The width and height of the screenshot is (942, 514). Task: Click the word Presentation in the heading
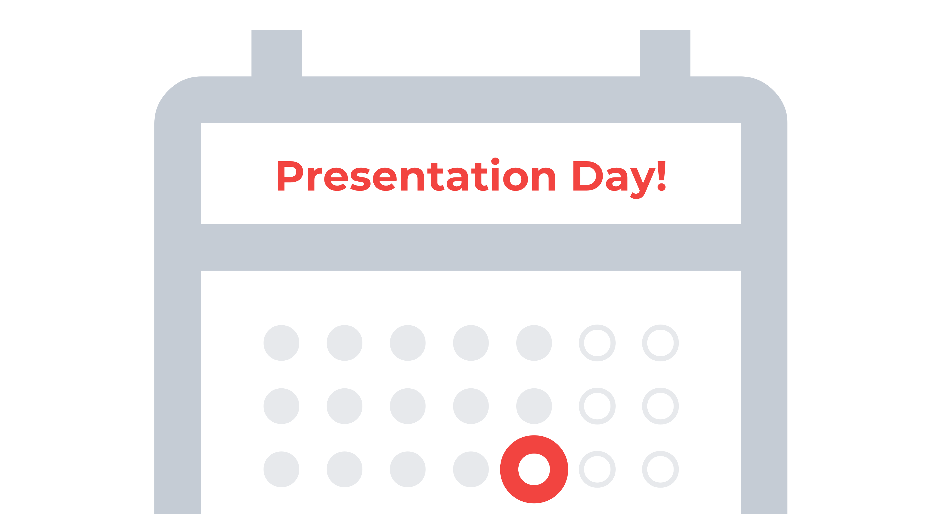click(x=416, y=176)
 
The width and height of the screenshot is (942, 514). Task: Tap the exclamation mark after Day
click(x=661, y=176)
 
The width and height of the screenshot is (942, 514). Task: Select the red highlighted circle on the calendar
click(x=534, y=469)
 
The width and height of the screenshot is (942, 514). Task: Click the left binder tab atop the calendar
click(x=277, y=53)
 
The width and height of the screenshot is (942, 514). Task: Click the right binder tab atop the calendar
click(x=665, y=53)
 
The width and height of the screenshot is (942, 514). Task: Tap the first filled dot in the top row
click(x=281, y=343)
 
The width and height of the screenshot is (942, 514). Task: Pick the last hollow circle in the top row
click(x=660, y=343)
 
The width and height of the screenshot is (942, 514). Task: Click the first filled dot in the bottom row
click(x=281, y=469)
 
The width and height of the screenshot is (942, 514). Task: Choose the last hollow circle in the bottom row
click(x=660, y=469)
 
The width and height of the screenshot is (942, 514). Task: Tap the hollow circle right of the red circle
click(x=597, y=469)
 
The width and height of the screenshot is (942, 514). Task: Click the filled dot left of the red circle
click(x=471, y=469)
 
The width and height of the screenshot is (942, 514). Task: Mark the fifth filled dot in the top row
click(x=534, y=343)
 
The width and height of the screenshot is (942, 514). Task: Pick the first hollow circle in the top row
click(x=597, y=343)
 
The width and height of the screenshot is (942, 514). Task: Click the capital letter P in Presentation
click(x=290, y=176)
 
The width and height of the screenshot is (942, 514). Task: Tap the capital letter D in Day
click(x=587, y=176)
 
